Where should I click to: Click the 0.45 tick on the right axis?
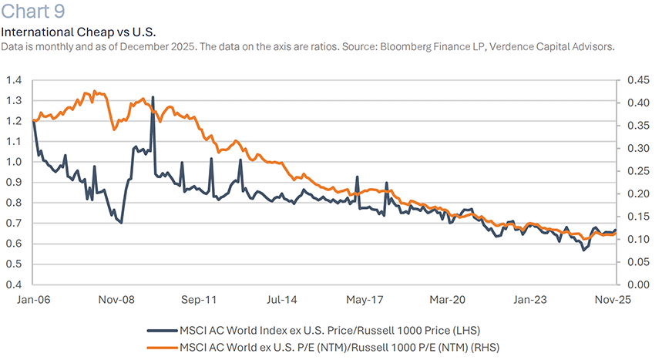[636, 79]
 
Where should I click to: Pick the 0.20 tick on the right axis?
[636, 193]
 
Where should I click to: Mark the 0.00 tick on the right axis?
[636, 284]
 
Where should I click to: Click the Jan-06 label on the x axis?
[32, 299]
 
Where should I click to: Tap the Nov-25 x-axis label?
[614, 299]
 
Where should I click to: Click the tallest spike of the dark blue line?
[153, 98]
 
